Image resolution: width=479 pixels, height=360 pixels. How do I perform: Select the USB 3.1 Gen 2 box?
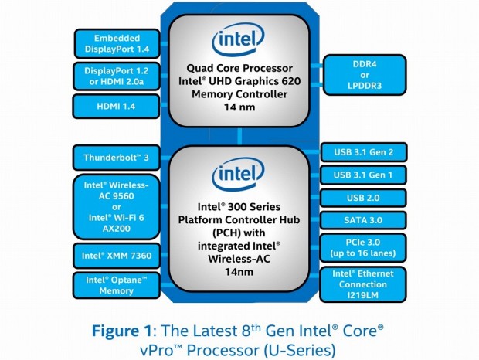(362, 151)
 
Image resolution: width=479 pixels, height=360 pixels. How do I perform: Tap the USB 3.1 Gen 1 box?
(362, 175)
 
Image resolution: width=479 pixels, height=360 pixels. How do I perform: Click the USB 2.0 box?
(362, 199)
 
